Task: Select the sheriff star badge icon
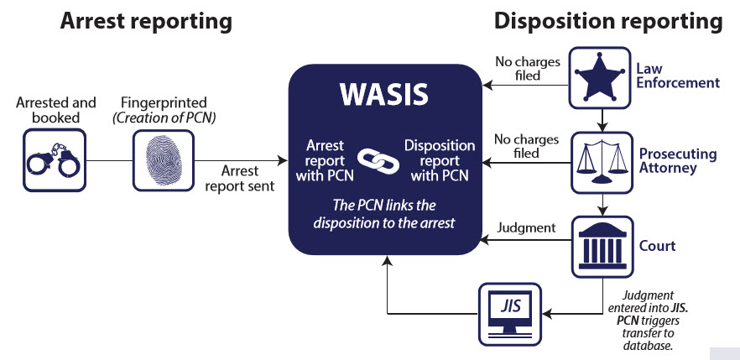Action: (601, 76)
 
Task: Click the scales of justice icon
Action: (601, 159)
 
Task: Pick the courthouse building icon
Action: (601, 246)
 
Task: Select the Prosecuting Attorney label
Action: (678, 161)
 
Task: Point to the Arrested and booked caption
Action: (56, 110)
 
